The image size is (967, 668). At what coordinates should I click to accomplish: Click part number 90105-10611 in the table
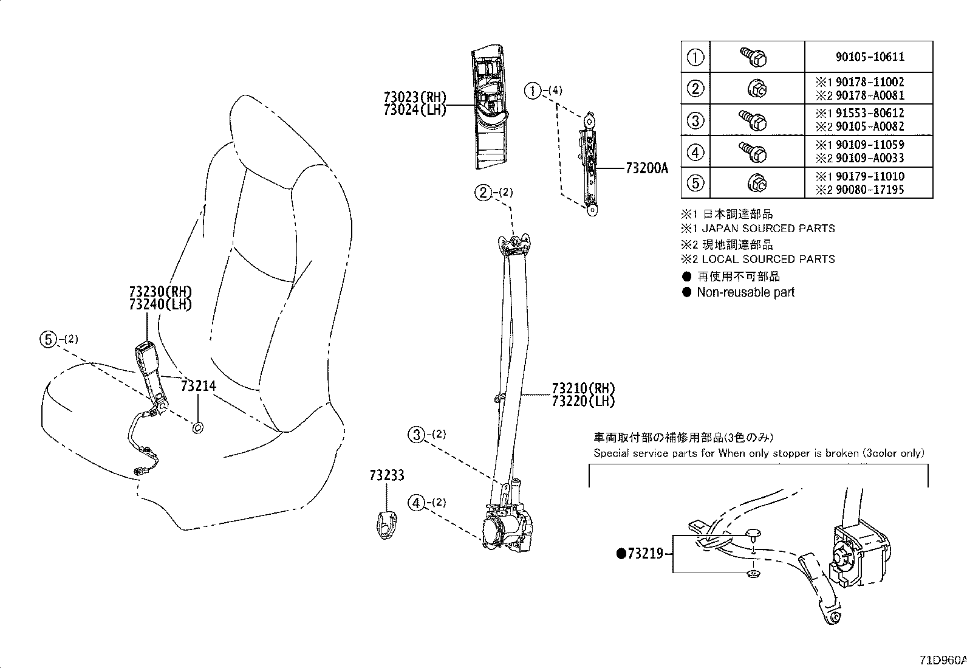(869, 57)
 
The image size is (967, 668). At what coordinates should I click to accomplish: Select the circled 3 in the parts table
(695, 120)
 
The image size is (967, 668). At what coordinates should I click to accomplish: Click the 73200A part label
(646, 168)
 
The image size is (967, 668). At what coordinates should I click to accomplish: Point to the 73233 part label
(386, 475)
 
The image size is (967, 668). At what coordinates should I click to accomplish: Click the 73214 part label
(198, 385)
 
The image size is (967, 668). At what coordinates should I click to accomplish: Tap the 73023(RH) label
(415, 97)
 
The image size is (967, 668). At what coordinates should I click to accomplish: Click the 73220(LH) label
(583, 401)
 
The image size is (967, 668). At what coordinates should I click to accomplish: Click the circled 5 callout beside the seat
(48, 339)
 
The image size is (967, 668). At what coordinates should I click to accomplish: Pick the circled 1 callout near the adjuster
(533, 91)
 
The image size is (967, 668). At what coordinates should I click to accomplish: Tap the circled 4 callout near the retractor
(416, 503)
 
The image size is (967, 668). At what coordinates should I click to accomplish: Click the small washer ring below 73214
(197, 429)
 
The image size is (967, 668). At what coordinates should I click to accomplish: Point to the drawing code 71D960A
(942, 659)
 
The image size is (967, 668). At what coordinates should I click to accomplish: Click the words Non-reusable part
(745, 292)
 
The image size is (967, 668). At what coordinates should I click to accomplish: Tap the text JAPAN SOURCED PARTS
(768, 229)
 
